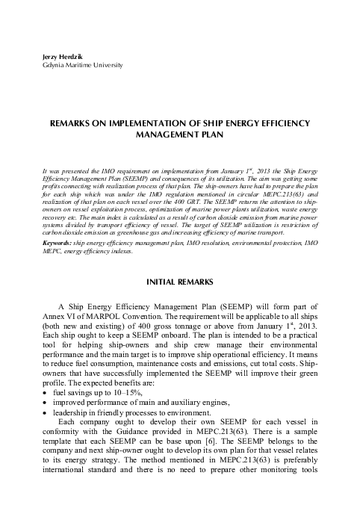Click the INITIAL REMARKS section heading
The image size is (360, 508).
tap(179, 282)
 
